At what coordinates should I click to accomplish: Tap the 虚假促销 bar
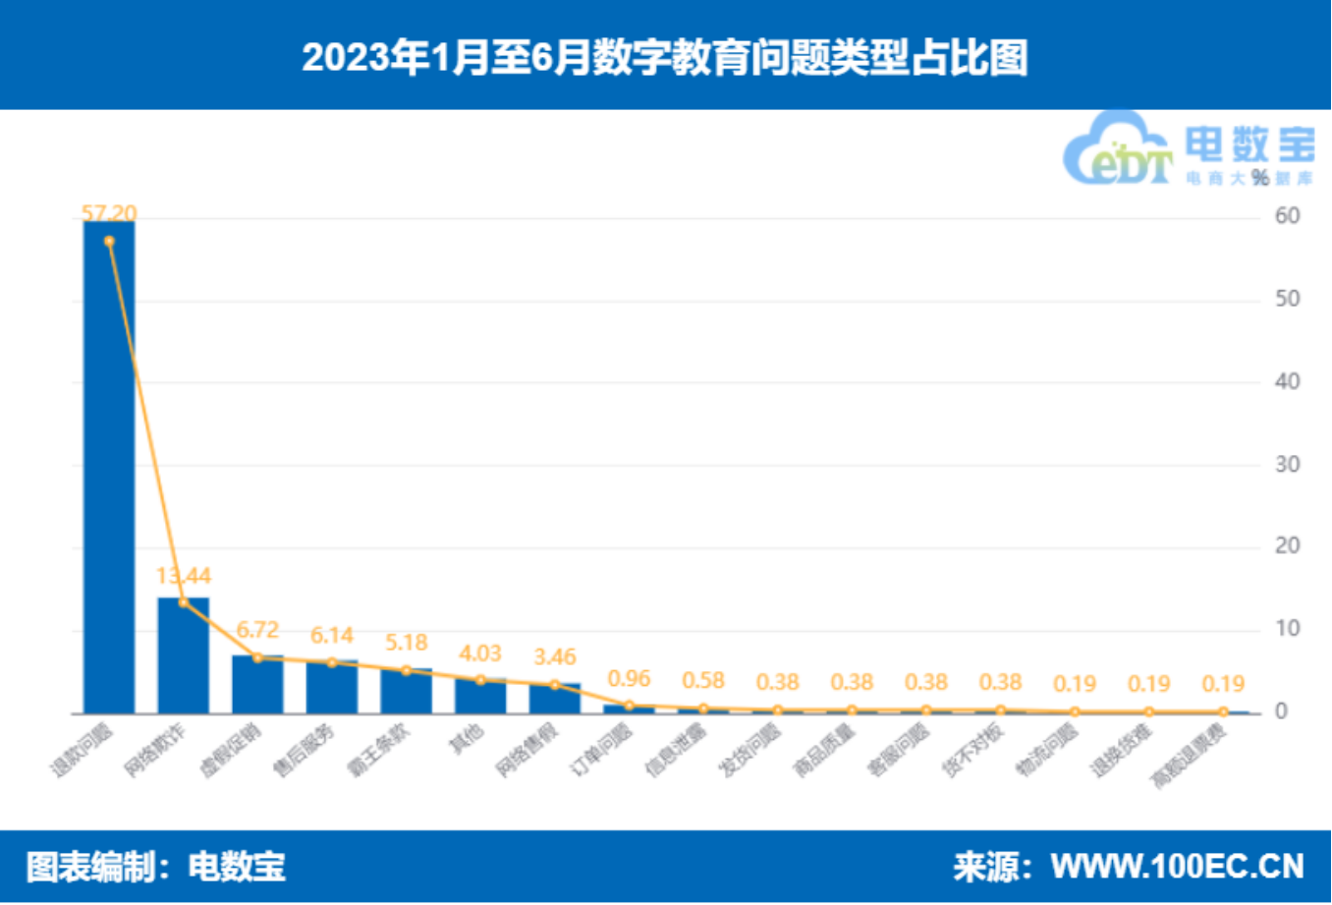pyautogui.click(x=257, y=684)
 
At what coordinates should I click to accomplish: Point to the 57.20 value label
pyautogui.click(x=109, y=213)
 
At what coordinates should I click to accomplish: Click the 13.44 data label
pyautogui.click(x=184, y=576)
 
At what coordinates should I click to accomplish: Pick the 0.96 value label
pyautogui.click(x=630, y=679)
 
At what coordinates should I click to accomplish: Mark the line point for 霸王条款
pyautogui.click(x=407, y=670)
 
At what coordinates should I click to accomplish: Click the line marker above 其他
pyautogui.click(x=480, y=680)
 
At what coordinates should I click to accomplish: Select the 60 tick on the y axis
pyautogui.click(x=1287, y=216)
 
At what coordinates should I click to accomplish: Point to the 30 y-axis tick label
pyautogui.click(x=1287, y=464)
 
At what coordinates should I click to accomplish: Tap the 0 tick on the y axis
pyautogui.click(x=1281, y=711)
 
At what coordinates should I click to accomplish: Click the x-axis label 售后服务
pyautogui.click(x=305, y=752)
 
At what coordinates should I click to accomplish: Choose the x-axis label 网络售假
pyautogui.click(x=527, y=752)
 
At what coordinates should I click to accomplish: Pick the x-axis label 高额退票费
pyautogui.click(x=1189, y=757)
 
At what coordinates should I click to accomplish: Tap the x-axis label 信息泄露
pyautogui.click(x=676, y=752)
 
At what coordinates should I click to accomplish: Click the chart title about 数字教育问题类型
pyautogui.click(x=665, y=57)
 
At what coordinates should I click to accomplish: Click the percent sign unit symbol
pyautogui.click(x=1260, y=178)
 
